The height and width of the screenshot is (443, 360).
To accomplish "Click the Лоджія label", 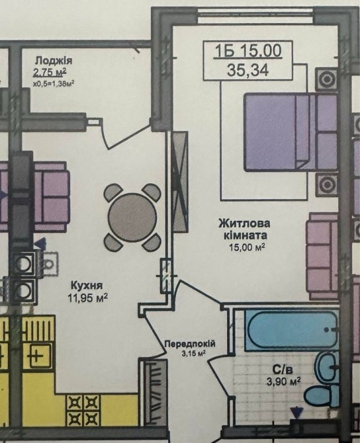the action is (54, 60).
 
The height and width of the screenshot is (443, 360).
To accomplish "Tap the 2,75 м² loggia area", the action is (50, 72).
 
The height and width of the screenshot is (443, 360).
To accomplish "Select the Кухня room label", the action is (86, 285).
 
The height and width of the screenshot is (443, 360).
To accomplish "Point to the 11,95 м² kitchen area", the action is (87, 298).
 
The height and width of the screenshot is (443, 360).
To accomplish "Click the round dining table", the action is (132, 218).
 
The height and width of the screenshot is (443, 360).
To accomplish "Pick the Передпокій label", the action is (190, 344).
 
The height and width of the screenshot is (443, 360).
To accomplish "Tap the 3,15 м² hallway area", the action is (194, 353).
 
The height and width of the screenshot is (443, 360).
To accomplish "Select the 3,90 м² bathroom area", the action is (284, 382).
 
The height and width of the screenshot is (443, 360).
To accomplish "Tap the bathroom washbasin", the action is (328, 367).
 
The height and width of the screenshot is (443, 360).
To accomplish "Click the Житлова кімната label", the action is (244, 229).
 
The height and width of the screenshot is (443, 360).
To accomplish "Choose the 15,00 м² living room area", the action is (247, 248).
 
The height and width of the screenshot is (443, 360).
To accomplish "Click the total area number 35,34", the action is (247, 70).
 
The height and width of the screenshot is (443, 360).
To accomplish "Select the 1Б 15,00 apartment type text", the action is (247, 51).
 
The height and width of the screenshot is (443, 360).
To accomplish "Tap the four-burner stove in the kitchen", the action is (83, 411).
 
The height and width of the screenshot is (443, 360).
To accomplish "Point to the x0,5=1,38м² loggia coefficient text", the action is (54, 83).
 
